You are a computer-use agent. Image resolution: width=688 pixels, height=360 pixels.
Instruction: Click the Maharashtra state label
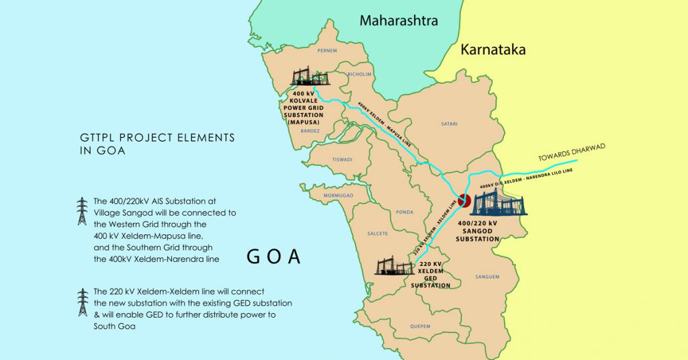click(x=398, y=21)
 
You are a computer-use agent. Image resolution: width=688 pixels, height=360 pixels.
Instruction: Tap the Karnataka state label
click(x=492, y=50)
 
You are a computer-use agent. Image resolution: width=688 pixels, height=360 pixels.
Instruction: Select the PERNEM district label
click(x=327, y=51)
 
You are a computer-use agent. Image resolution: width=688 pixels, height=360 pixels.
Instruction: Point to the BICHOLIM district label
click(x=359, y=75)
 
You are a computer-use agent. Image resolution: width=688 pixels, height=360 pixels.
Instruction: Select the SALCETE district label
click(x=377, y=234)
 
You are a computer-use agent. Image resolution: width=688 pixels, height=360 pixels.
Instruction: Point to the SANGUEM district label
click(x=487, y=276)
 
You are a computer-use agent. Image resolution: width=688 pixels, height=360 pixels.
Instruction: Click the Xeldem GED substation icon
click(x=394, y=267)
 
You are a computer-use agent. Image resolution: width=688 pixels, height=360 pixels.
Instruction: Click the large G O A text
click(x=273, y=257)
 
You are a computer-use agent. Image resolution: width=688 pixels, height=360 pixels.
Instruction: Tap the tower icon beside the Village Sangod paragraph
click(x=82, y=211)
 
